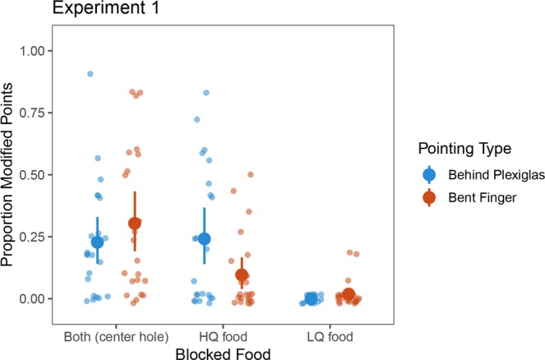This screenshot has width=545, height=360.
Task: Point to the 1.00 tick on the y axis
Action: point(30,51)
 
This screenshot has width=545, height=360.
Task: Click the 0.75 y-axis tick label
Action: point(30,113)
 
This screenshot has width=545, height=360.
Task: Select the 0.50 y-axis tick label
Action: point(30,175)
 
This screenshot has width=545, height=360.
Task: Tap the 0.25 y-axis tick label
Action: point(30,237)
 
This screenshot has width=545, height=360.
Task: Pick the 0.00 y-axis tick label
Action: point(30,298)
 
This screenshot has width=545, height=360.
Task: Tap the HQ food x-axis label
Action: point(223,335)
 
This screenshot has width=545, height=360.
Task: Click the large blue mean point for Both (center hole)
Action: point(98,242)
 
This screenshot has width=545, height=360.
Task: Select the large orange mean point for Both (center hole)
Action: point(135,223)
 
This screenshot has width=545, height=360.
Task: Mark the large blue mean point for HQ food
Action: point(205,238)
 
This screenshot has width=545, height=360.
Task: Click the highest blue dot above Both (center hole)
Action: point(90,74)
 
